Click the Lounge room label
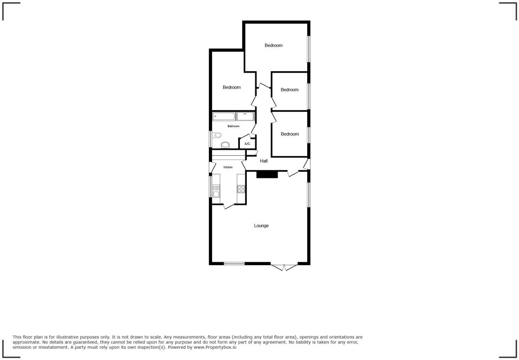pyautogui.click(x=261, y=226)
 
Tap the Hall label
pyautogui.click(x=264, y=161)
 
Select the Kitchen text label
pyautogui.click(x=228, y=167)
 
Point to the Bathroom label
pyautogui.click(x=233, y=126)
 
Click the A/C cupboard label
pyautogui.click(x=247, y=144)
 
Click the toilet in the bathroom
pyautogui.click(x=217, y=135)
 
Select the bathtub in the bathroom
pyautogui.click(x=224, y=116)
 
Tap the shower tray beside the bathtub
pyautogui.click(x=245, y=116)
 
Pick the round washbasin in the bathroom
pyautogui.click(x=225, y=145)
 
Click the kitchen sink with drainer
pyautogui.click(x=216, y=191)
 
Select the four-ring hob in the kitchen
pyautogui.click(x=241, y=189)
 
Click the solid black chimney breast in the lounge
pyautogui.click(x=267, y=175)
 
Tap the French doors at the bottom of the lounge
pyautogui.click(x=284, y=267)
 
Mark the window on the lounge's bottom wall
pyautogui.click(x=234, y=263)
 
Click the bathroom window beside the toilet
pyautogui.click(x=210, y=139)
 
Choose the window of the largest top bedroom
pyautogui.click(x=309, y=49)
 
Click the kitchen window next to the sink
pyautogui.click(x=210, y=187)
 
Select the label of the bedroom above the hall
pyautogui.click(x=289, y=134)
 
